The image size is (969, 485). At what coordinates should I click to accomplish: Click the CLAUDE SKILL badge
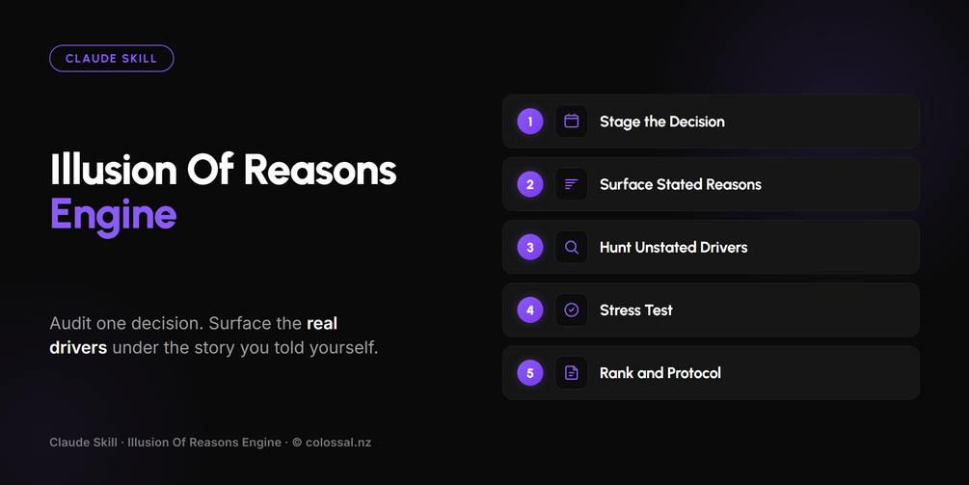[111, 59]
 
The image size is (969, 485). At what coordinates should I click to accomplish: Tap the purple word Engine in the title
[113, 216]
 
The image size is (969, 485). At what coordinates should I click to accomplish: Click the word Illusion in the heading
[114, 170]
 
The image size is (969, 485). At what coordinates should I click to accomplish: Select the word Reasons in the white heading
[320, 170]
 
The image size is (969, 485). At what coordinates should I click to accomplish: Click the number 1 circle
[530, 121]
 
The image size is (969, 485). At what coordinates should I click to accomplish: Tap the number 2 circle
[530, 184]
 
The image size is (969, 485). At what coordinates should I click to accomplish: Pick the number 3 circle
[530, 247]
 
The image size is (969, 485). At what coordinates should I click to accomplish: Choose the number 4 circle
[530, 310]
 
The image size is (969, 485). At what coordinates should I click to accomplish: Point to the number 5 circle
[530, 373]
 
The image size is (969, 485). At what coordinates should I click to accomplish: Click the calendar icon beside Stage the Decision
[572, 121]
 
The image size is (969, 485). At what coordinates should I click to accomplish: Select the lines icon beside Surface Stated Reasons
[572, 184]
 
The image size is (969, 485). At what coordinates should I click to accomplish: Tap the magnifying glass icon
[572, 247]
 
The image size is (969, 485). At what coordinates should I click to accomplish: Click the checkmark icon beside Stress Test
[572, 310]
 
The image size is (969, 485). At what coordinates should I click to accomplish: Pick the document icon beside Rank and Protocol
[572, 373]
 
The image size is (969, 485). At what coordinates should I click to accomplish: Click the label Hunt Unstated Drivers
[674, 247]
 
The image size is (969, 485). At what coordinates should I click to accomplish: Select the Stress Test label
[636, 310]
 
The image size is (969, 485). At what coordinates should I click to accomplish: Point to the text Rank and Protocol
[660, 373]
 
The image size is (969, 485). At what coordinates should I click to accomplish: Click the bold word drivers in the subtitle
[78, 348]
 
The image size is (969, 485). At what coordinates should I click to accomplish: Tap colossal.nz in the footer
[338, 443]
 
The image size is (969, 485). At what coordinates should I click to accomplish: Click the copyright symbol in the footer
[297, 443]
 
